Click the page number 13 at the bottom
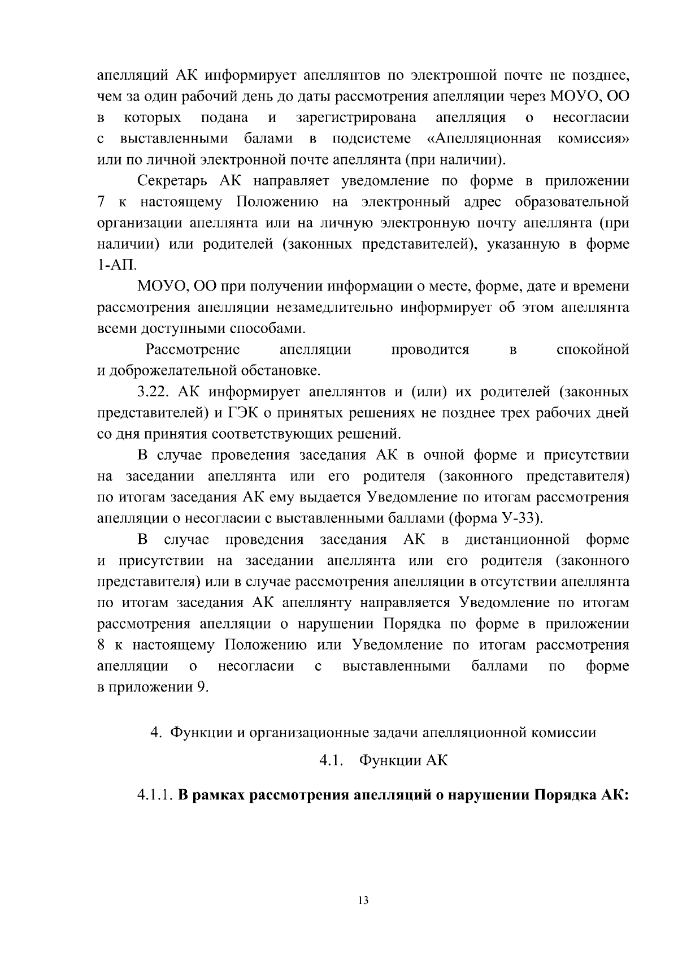click(x=363, y=901)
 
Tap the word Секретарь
click(x=174, y=181)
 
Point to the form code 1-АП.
click(x=113, y=266)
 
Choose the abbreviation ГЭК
click(x=244, y=413)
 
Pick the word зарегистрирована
click(x=356, y=118)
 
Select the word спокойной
click(x=592, y=349)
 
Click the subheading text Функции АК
click(x=403, y=760)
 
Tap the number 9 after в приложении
click(x=199, y=687)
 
